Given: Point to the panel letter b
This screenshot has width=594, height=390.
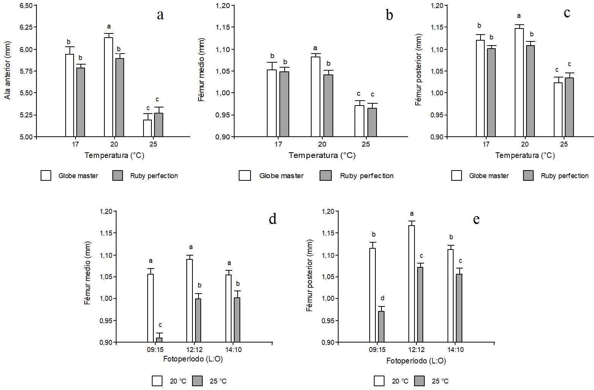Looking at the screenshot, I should (x=389, y=15).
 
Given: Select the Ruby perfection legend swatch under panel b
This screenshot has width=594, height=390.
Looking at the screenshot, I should (x=326, y=176).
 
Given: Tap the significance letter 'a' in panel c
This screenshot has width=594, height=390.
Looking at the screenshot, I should (x=519, y=16).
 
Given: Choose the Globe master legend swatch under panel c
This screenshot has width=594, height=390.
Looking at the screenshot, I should (x=457, y=176).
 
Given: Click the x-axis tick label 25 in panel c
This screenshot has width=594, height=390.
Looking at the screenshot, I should (x=564, y=145).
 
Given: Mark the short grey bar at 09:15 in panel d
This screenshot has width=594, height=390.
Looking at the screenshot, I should (x=159, y=340).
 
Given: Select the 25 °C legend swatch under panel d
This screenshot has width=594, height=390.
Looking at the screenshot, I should (x=197, y=381).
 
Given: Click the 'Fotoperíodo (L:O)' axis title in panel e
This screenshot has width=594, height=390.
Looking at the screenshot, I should (x=416, y=361).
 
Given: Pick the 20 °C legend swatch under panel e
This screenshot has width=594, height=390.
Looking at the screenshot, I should (x=379, y=381).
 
